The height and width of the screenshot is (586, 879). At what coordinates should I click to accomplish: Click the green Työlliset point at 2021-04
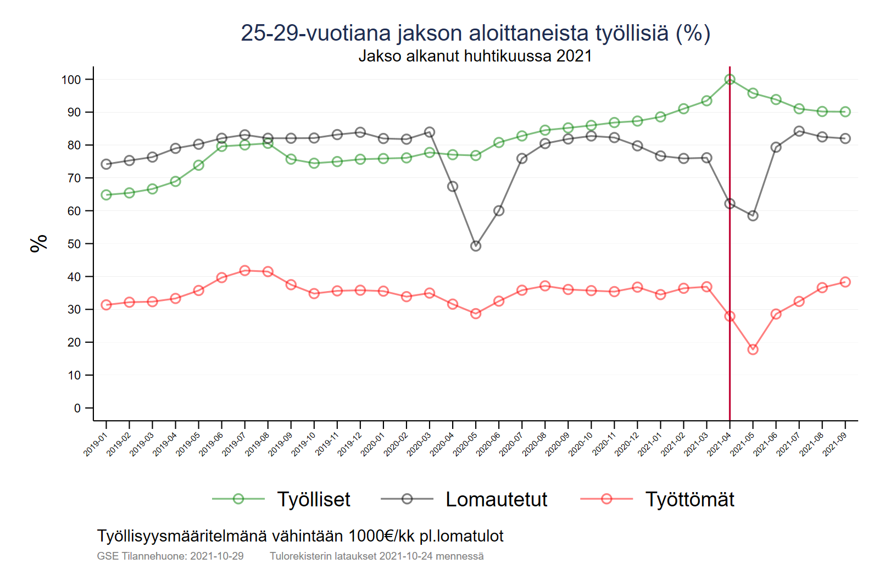(730, 80)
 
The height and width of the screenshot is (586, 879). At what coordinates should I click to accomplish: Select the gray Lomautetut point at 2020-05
(476, 246)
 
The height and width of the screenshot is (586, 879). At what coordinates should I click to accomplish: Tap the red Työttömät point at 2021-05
(753, 349)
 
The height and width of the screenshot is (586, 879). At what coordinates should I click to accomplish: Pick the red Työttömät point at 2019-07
(245, 271)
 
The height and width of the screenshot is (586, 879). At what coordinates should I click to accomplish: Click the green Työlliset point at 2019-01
(107, 195)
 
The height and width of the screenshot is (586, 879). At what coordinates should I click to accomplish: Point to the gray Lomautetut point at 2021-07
(799, 131)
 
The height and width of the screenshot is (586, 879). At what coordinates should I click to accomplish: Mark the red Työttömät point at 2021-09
(845, 282)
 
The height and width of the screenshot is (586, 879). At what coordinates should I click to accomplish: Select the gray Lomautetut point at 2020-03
(430, 132)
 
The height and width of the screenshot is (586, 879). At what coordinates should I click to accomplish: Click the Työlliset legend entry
(313, 499)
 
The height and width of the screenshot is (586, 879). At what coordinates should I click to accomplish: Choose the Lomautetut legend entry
(496, 499)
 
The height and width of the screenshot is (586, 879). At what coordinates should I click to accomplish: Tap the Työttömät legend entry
(689, 499)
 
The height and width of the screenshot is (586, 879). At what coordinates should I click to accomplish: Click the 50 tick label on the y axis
(74, 244)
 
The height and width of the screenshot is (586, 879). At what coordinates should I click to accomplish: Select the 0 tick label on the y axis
(77, 408)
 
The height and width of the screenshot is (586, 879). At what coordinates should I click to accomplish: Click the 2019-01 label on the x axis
(96, 444)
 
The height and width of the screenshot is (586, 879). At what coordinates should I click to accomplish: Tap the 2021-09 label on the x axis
(835, 444)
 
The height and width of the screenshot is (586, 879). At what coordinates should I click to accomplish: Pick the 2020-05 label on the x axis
(465, 444)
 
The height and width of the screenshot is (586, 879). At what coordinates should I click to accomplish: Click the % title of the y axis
(39, 243)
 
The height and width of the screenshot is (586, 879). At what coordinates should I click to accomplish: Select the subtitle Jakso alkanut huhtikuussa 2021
(475, 56)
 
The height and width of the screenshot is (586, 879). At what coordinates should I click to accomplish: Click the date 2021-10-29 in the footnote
(217, 556)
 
